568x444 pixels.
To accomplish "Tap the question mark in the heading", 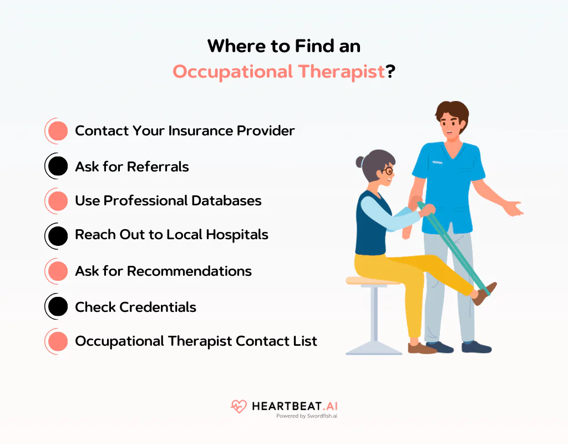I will pyautogui.click(x=390, y=72).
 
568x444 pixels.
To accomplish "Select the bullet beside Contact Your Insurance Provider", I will pyautogui.click(x=57, y=131).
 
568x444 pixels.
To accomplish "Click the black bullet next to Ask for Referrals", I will pyautogui.click(x=57, y=167).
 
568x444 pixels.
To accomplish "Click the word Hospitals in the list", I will pyautogui.click(x=237, y=235).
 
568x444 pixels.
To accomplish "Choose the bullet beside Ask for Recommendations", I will pyautogui.click(x=57, y=271).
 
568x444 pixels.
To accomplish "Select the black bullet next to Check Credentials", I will pyautogui.click(x=57, y=307).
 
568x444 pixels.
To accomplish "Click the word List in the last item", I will pyautogui.click(x=306, y=341).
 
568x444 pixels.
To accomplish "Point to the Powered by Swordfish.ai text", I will pyautogui.click(x=306, y=416).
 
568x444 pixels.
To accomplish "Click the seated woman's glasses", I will pyautogui.click(x=388, y=171).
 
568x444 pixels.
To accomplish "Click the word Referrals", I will pyautogui.click(x=158, y=167).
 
